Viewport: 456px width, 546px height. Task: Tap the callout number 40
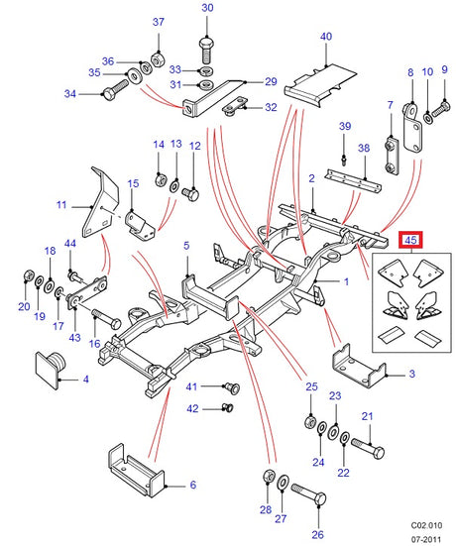[326, 37]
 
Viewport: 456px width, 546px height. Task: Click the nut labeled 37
[158, 53]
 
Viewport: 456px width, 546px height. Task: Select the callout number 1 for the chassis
[346, 281]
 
